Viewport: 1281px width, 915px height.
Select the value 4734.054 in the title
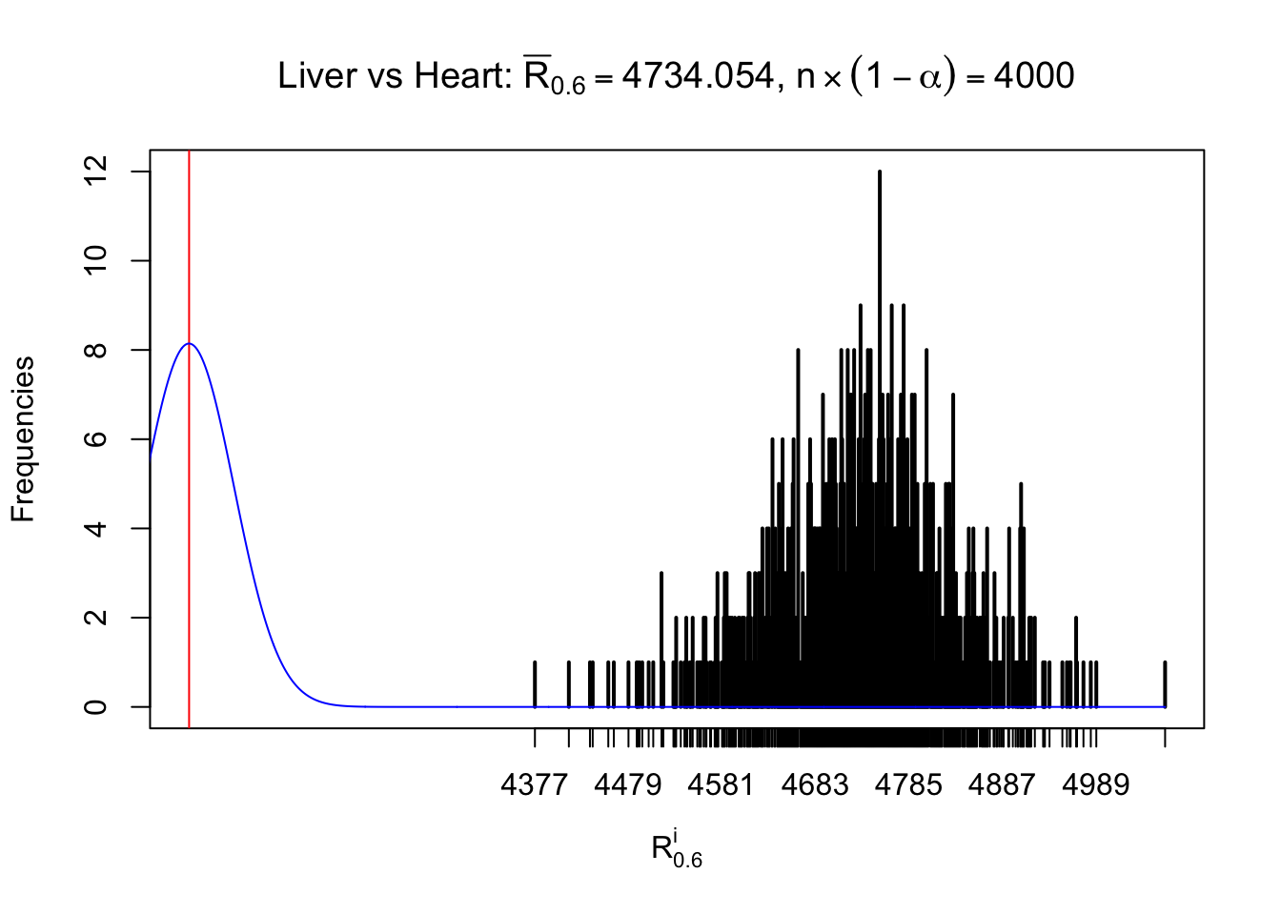698,76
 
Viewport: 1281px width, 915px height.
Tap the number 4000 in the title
1034,76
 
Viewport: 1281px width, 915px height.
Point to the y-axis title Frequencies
23,439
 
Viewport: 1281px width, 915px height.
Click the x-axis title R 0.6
676,849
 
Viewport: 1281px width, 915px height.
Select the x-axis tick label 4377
535,784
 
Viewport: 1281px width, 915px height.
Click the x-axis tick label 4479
628,784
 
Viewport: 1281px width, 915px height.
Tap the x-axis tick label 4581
722,784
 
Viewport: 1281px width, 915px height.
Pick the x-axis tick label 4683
815,784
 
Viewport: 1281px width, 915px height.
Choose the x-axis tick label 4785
908,784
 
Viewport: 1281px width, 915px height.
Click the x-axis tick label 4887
1002,784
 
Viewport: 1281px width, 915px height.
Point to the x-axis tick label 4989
1096,784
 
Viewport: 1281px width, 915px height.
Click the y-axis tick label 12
95,172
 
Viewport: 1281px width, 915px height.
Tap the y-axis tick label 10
95,260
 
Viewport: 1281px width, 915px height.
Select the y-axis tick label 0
95,706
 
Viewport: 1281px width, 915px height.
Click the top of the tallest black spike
880,173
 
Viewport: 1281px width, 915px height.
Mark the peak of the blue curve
190,343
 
